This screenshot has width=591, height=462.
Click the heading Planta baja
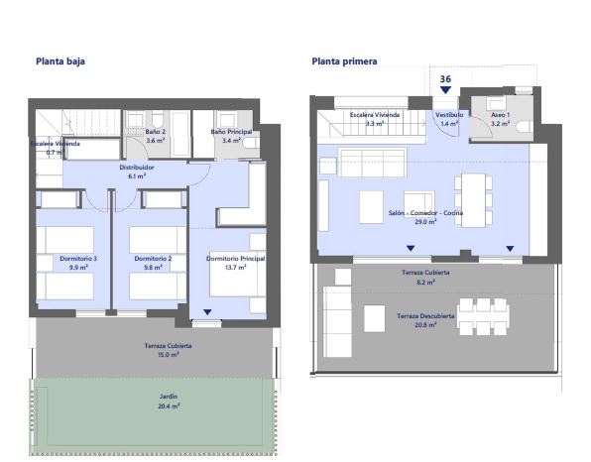point(59,60)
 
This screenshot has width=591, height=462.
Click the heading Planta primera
point(344,60)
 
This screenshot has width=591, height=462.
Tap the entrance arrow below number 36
point(445,90)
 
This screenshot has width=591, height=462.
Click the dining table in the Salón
point(472,197)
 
